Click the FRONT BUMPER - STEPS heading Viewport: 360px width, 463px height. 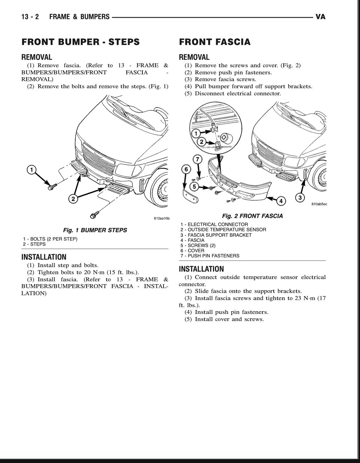pos(80,42)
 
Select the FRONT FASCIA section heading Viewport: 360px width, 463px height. pos(215,42)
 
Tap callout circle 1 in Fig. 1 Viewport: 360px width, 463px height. pos(31,170)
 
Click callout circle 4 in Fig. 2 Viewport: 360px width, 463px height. pos(281,201)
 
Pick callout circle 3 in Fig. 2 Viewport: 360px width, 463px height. pos(300,197)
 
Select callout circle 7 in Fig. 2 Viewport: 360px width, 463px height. pos(197,159)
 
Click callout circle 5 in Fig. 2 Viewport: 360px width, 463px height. pos(194,187)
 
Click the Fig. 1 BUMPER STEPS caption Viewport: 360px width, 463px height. pos(95,230)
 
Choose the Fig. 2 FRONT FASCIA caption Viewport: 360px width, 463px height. pos(252,216)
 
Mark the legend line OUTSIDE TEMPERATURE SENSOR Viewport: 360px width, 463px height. pos(223,230)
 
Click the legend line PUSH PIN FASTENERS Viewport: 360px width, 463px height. pos(210,256)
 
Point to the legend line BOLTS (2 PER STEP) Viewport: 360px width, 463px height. pos(50,239)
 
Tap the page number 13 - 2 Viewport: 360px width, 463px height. pos(30,17)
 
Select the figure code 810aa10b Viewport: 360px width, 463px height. pos(162,219)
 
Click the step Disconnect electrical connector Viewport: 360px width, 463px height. pos(238,93)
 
